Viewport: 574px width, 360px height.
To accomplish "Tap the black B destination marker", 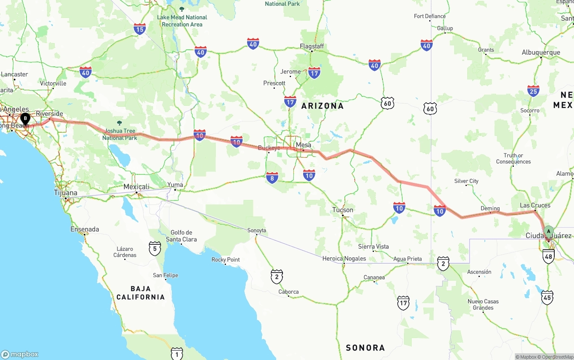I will tap(26, 119).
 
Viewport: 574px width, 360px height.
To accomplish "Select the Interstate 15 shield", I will tap(139, 29).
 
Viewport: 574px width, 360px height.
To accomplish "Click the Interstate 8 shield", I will tap(272, 178).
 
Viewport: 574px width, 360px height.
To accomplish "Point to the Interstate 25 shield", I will tap(533, 91).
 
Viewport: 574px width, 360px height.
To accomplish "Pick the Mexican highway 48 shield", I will tap(548, 256).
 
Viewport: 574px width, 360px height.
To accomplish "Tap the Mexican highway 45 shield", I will tap(547, 297).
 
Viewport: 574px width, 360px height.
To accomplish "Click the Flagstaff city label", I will tap(312, 47).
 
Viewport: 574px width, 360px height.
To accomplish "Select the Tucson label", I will tap(343, 210).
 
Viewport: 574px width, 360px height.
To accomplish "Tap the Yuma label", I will tap(175, 185).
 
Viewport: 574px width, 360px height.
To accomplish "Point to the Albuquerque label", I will tap(541, 52).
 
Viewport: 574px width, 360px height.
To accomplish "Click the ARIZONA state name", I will tap(322, 106).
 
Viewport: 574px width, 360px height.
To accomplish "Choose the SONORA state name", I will tap(365, 347).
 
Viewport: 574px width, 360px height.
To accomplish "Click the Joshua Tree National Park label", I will tap(120, 134).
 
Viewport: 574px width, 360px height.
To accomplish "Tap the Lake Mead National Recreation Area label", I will tap(182, 21).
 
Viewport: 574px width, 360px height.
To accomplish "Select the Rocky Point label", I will tap(226, 260).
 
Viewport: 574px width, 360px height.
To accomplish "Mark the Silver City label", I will tap(466, 181).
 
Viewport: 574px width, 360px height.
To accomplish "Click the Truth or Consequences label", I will tap(513, 159).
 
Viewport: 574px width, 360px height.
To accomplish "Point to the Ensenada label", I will tap(85, 229).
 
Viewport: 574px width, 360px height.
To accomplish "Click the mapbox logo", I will tap(20, 354).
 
